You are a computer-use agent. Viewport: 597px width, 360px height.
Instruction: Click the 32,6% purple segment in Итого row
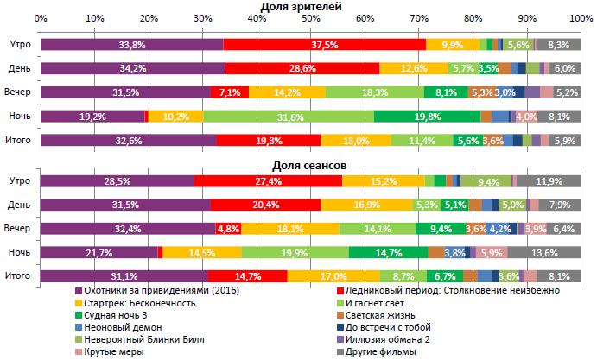[128, 140]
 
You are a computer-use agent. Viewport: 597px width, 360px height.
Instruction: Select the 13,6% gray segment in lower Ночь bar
[544, 252]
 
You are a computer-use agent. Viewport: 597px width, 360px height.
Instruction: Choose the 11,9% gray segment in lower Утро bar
[549, 180]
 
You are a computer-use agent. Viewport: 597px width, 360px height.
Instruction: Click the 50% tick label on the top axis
[310, 18]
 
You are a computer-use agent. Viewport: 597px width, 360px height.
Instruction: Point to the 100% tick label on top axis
[581, 18]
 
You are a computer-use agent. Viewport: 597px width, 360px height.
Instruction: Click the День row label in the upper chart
[20, 68]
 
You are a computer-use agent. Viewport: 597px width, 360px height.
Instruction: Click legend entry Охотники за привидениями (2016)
[161, 291]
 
